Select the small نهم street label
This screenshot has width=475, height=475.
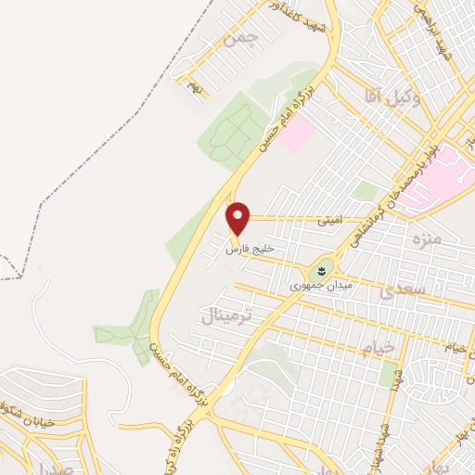tap(193, 87)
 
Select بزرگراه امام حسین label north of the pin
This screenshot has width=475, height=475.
tap(288, 116)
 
